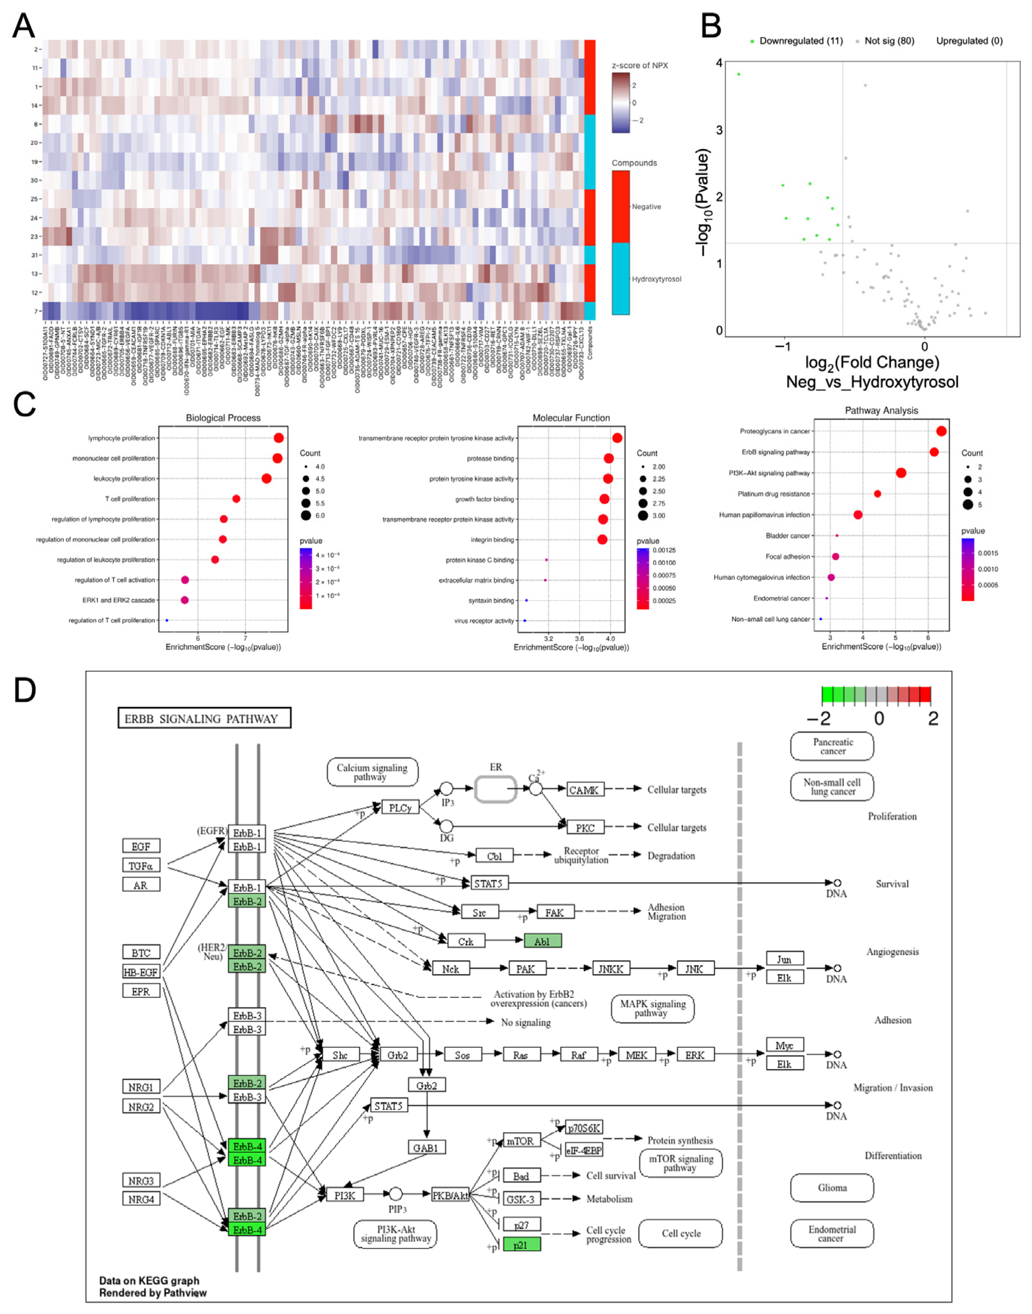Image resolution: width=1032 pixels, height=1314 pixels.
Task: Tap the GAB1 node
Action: (x=426, y=1148)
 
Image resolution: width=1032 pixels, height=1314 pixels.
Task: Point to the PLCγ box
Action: (x=400, y=808)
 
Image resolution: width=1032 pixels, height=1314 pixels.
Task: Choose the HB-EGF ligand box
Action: (x=141, y=972)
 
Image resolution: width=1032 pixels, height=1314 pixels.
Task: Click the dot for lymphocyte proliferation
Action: (x=278, y=438)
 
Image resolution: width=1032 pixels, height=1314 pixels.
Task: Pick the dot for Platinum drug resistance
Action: (x=877, y=493)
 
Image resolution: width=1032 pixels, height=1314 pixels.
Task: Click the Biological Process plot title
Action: (x=223, y=418)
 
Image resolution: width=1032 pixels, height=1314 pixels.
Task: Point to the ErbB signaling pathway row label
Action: (x=776, y=452)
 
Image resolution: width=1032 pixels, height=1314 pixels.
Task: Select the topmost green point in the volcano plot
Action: (x=738, y=74)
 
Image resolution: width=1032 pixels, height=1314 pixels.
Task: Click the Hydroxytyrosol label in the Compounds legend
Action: (x=656, y=279)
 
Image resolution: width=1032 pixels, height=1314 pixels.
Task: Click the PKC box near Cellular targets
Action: (x=585, y=828)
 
